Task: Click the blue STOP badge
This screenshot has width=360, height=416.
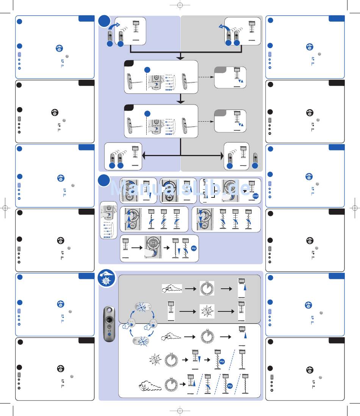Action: [256, 196]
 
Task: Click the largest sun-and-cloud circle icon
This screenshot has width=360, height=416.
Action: [107, 279]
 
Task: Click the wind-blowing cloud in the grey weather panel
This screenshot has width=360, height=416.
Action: [172, 288]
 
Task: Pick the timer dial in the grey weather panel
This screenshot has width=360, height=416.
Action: [207, 289]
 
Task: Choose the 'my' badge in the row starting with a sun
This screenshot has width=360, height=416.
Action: [222, 361]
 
